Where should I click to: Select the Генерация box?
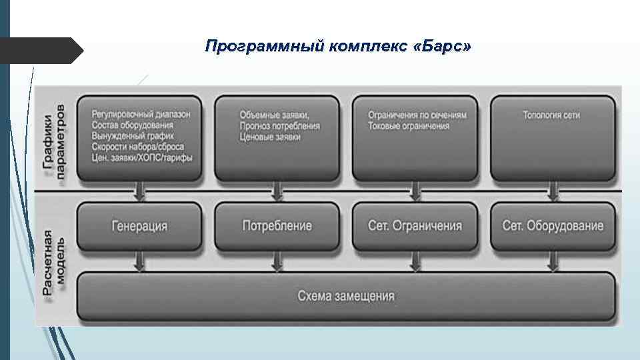point(139,225)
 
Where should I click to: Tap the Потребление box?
point(277,225)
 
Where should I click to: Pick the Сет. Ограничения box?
point(415,225)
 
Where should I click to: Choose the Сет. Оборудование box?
point(553,225)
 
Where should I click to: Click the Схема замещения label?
point(345,296)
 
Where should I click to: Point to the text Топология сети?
point(552,115)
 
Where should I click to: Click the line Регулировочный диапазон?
point(141,114)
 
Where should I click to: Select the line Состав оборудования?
point(133,125)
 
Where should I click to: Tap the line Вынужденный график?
point(133,135)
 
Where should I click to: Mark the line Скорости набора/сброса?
point(138,146)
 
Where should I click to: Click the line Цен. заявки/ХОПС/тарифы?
point(142,157)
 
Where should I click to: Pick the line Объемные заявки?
point(274,115)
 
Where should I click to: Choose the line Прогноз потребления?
point(279,125)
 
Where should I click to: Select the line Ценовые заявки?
point(270,136)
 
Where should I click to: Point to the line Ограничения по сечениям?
point(417,115)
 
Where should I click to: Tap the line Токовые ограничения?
point(409,125)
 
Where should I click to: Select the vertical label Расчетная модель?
point(55,267)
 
